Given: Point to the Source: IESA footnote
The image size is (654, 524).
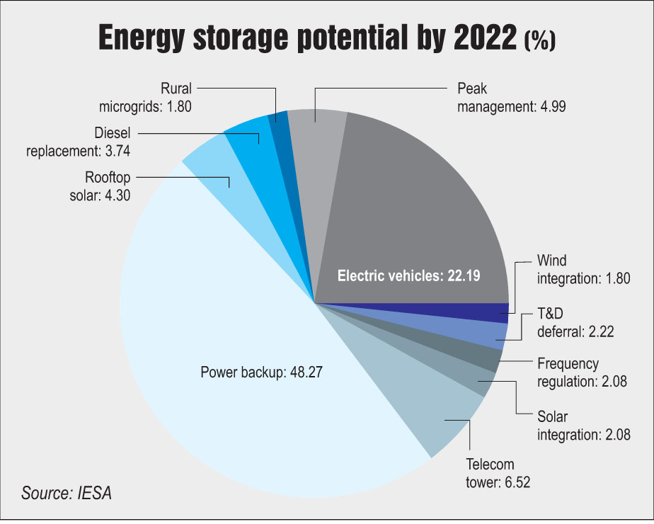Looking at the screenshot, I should pyautogui.click(x=67, y=492).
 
